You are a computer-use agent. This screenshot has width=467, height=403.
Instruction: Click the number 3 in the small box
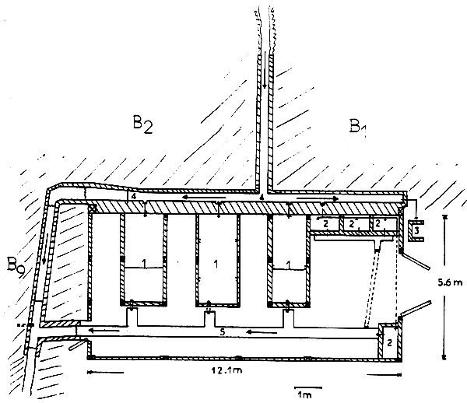pos(416,230)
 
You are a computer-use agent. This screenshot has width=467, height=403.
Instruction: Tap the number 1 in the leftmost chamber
pos(145,265)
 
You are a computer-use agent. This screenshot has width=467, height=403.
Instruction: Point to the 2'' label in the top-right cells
pos(381,223)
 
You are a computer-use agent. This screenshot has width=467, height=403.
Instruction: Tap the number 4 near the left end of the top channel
pos(134,198)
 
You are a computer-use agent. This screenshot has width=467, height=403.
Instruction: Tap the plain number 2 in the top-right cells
pos(326,223)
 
